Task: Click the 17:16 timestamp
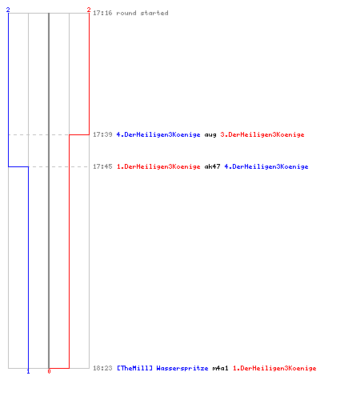click(102, 13)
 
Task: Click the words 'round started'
click(142, 13)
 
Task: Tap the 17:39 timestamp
click(102, 134)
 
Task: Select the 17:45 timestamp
click(102, 166)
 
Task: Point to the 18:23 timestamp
click(102, 368)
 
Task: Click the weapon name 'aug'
click(210, 135)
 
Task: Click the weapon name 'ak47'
click(212, 166)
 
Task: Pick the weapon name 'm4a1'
click(220, 368)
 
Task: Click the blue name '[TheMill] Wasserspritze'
click(162, 368)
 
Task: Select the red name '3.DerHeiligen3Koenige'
click(262, 134)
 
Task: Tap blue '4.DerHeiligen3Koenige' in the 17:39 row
click(158, 134)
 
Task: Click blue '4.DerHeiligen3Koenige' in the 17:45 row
click(266, 166)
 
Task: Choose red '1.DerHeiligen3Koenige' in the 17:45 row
click(158, 166)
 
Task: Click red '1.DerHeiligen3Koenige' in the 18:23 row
click(274, 368)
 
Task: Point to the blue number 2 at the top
click(8, 10)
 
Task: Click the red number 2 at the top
click(89, 10)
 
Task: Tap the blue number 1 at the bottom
click(28, 371)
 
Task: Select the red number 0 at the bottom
click(49, 371)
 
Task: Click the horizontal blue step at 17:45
click(18, 166)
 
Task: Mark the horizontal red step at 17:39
click(79, 134)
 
